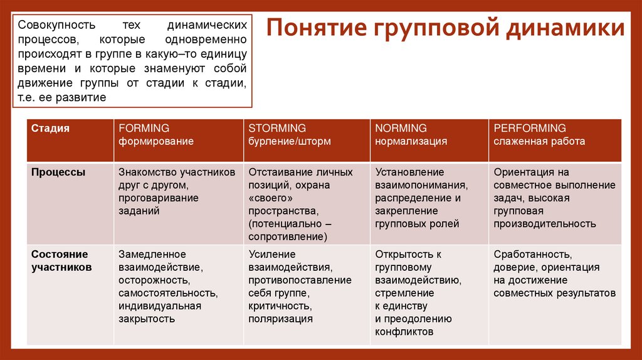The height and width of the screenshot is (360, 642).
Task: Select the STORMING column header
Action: tap(277, 128)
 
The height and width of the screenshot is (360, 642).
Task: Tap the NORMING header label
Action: tap(401, 128)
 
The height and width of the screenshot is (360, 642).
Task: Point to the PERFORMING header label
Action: tap(529, 128)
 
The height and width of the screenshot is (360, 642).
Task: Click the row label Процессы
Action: tap(58, 172)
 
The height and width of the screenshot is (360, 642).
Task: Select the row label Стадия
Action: tap(50, 128)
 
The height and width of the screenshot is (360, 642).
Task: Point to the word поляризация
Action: tap(280, 319)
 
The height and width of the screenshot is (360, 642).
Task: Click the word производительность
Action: tap(544, 224)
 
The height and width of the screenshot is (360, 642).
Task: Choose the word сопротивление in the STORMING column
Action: tap(287, 237)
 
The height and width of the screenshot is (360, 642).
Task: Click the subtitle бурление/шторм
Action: tap(289, 141)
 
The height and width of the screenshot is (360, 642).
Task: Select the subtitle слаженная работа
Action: tap(539, 141)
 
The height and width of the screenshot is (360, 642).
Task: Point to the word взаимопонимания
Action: tap(421, 185)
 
